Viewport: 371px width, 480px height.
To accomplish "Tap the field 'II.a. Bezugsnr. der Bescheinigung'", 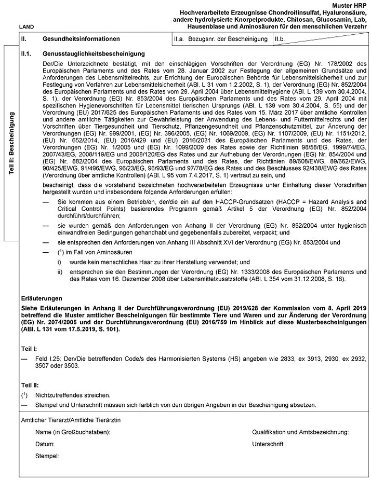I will click(221, 39).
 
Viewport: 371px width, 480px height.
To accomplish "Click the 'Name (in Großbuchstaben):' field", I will click(73, 432).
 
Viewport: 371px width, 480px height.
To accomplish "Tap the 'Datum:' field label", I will click(45, 445).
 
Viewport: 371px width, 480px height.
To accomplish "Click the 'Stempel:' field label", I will click(47, 457).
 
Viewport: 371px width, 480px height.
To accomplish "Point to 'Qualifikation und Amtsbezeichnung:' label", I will click(300, 432).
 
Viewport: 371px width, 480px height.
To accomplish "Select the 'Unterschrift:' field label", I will click(269, 445).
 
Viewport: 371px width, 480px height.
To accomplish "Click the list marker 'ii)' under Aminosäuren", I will click(60, 271).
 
